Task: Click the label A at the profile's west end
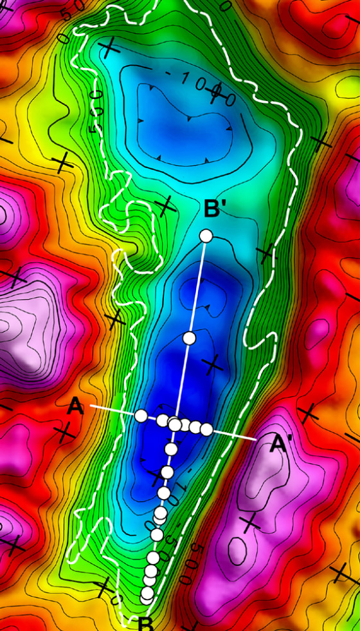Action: (x=75, y=406)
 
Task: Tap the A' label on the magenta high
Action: (x=280, y=444)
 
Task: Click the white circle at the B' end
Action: (x=206, y=236)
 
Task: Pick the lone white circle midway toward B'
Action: (x=189, y=338)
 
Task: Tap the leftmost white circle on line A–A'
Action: (x=141, y=416)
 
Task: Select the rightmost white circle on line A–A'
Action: (x=206, y=429)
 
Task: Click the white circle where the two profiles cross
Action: (x=175, y=424)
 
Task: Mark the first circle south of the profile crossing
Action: (x=171, y=448)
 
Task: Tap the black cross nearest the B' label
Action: (x=166, y=205)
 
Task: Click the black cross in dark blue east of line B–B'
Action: (x=212, y=365)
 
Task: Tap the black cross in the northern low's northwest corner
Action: (x=110, y=46)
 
